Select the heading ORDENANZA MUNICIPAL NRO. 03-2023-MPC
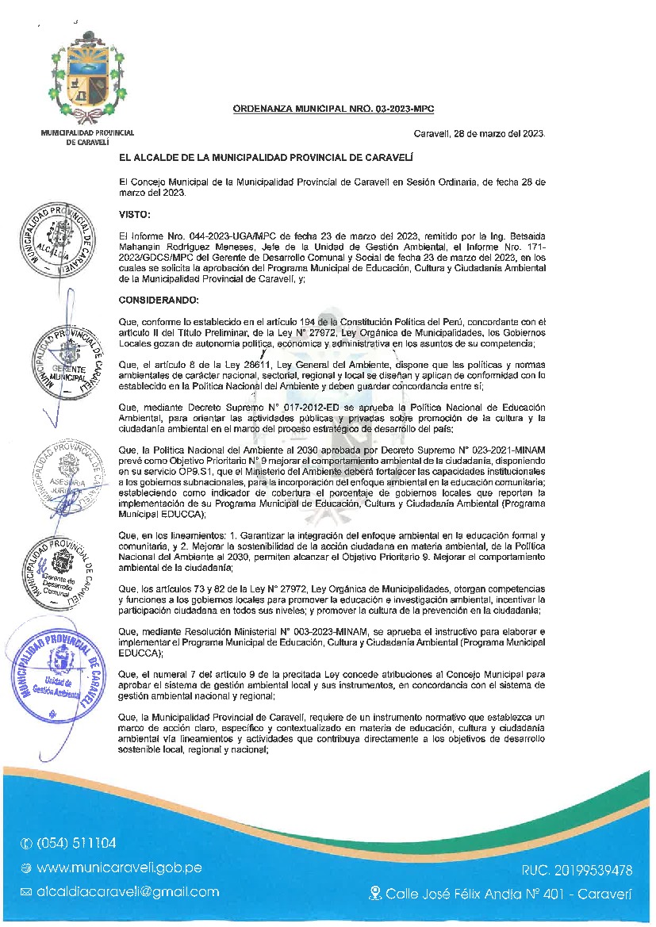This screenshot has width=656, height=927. pos(333,109)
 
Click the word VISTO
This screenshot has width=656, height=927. pos(133,215)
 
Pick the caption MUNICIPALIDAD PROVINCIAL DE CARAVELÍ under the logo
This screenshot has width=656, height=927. pos(87,136)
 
